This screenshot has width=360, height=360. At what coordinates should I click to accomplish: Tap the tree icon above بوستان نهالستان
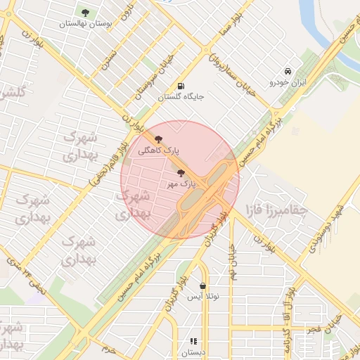[x=85, y=12]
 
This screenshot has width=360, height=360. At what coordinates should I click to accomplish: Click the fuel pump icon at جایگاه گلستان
[x=182, y=86]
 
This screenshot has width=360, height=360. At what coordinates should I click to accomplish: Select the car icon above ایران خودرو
[x=288, y=71]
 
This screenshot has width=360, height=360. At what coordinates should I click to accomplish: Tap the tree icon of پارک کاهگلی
[x=157, y=139]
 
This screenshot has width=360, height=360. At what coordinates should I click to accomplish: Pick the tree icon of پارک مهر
[x=181, y=172]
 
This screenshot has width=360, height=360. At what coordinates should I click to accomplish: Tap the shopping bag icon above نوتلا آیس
[x=202, y=286]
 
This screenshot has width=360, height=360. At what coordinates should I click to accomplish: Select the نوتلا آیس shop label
[x=203, y=297]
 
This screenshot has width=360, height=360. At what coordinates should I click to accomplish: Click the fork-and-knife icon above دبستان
[x=193, y=342]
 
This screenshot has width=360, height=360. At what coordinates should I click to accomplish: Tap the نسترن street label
[x=106, y=59]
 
